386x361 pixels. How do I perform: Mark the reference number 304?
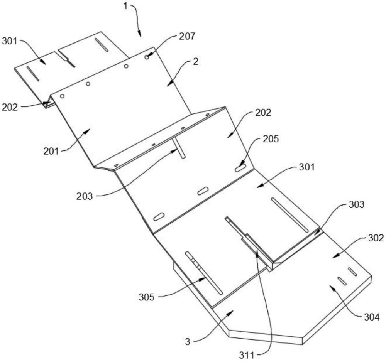tap(370, 317)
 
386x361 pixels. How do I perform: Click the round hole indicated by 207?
tap(147, 57)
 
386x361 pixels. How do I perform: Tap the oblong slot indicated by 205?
tap(240, 168)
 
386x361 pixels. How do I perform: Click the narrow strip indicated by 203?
tap(179, 148)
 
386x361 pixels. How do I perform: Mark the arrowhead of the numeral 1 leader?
tap(140, 37)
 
